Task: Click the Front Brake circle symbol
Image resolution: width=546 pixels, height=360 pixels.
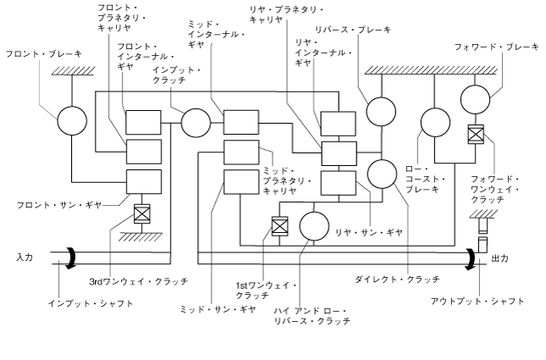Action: (73, 121)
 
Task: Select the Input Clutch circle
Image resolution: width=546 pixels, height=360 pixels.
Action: (195, 121)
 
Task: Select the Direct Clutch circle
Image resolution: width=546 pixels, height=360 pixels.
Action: (383, 174)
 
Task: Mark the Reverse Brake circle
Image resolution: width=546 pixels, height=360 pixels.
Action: (381, 109)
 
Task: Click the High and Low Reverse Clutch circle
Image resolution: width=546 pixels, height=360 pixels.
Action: (313, 226)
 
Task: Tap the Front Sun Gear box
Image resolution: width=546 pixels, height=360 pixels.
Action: (144, 181)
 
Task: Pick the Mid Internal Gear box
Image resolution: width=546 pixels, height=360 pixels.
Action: (241, 121)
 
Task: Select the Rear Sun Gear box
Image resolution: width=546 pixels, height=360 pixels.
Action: (338, 183)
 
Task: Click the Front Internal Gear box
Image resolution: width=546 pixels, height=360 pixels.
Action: (144, 121)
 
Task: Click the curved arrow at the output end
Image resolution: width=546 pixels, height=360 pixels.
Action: (468, 257)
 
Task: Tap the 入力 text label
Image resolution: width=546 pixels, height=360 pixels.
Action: (25, 256)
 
